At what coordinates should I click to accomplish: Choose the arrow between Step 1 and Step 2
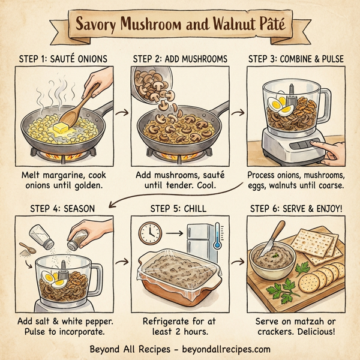[120, 112]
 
